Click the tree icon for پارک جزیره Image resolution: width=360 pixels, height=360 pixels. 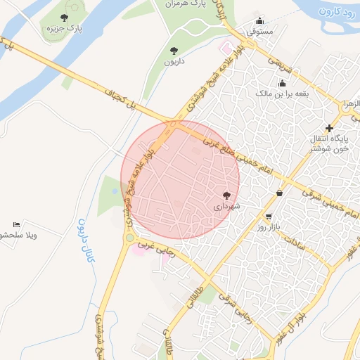tap(65, 18)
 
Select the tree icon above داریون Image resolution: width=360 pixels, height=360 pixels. tap(174, 50)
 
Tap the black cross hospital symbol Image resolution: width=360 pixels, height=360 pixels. tap(328, 127)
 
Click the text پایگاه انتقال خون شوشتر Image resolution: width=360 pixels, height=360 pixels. tap(330, 145)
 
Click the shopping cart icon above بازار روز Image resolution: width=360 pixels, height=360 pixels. tap(268, 217)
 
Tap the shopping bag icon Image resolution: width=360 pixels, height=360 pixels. tap(280, 193)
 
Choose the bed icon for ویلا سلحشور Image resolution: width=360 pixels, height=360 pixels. tap(16, 224)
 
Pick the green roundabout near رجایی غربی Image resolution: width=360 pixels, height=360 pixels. tap(129, 238)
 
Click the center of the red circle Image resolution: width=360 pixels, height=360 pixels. tap(180, 180)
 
